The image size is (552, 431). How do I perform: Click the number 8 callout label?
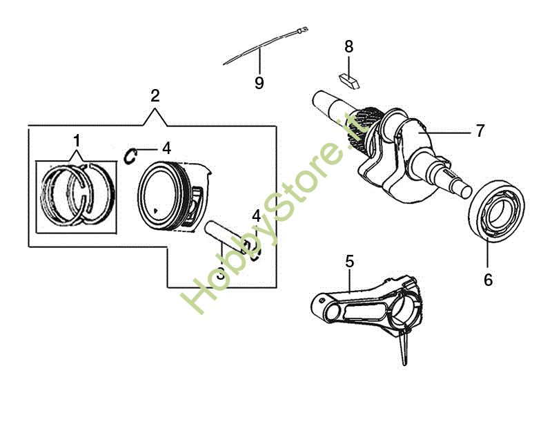coord(348,47)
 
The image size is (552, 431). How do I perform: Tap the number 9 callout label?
coord(259,83)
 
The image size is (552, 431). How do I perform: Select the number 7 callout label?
coord(480,131)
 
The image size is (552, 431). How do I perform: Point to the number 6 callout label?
coord(488,280)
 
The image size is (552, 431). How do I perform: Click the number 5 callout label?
coord(349,262)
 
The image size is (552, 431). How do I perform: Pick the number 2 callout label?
coord(155,96)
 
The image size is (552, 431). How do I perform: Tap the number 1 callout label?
coord(77,141)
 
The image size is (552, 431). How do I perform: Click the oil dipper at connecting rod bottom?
coord(405,347)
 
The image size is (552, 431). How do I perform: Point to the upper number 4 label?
coord(166,149)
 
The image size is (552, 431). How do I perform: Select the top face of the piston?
coord(160,195)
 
